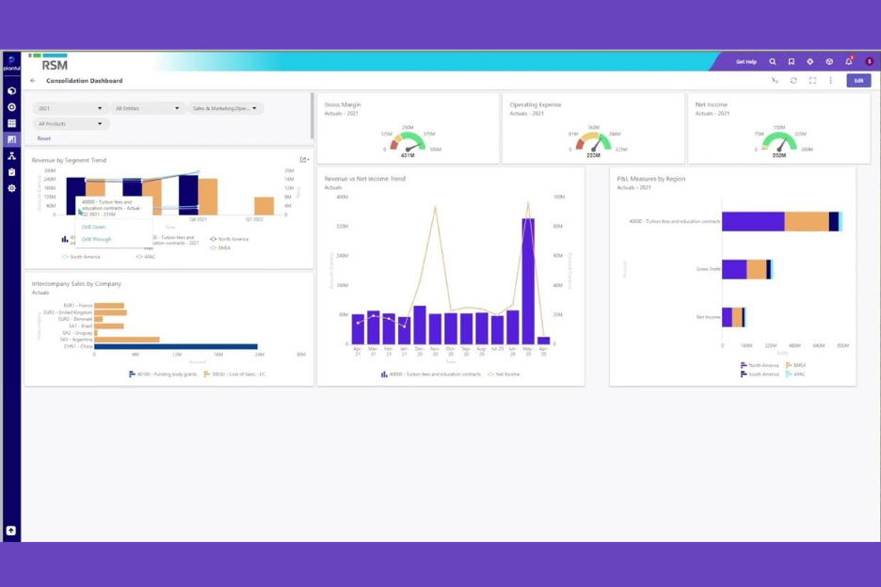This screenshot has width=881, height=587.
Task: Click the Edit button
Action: pyautogui.click(x=857, y=81)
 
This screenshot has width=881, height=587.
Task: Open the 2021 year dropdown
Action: pyautogui.click(x=70, y=108)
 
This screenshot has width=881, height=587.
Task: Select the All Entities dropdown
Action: pyautogui.click(x=147, y=108)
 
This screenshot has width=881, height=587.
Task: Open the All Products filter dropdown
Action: pyautogui.click(x=70, y=123)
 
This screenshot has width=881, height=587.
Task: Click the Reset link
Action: pyautogui.click(x=43, y=138)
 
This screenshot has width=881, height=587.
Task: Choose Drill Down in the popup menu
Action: pyautogui.click(x=94, y=227)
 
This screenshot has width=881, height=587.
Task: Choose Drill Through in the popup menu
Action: pyautogui.click(x=96, y=239)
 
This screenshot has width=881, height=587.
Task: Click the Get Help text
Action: pyautogui.click(x=745, y=62)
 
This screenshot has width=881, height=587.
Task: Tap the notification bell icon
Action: pyautogui.click(x=848, y=62)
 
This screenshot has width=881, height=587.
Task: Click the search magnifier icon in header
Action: pyautogui.click(x=773, y=62)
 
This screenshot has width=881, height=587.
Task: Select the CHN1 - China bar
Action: pyautogui.click(x=175, y=346)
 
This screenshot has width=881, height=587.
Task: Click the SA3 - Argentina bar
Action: pyautogui.click(x=126, y=340)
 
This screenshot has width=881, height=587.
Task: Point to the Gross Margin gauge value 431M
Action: pyautogui.click(x=408, y=155)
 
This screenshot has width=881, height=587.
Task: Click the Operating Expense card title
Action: pyautogui.click(x=535, y=104)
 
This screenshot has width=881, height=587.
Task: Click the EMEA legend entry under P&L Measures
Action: pyautogui.click(x=795, y=365)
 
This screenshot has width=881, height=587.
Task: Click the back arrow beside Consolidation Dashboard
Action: pyautogui.click(x=33, y=81)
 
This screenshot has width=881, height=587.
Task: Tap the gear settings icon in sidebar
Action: pyautogui.click(x=11, y=188)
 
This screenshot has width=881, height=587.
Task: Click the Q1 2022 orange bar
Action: pyautogui.click(x=264, y=206)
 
